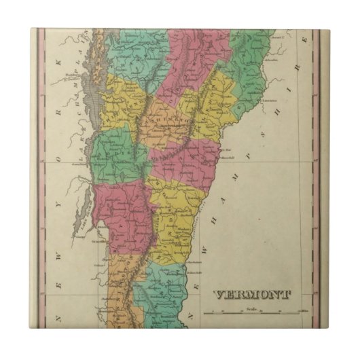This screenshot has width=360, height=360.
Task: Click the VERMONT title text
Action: point(252,294)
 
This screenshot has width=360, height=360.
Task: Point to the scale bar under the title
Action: point(254,312)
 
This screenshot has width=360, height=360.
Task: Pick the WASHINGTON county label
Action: point(165,116)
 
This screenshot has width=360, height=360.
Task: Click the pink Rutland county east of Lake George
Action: point(122,211)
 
